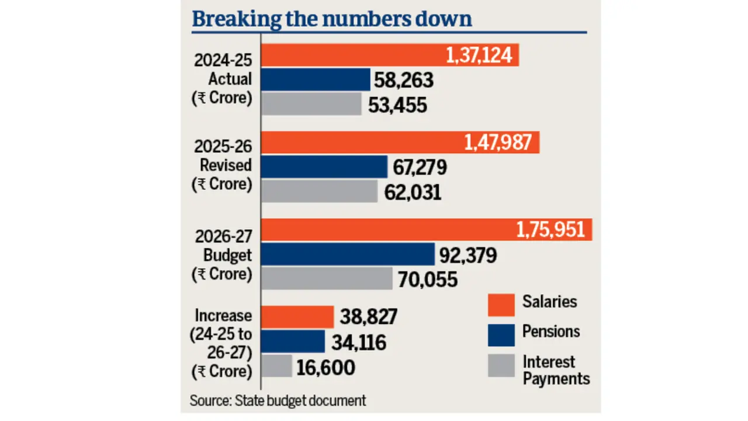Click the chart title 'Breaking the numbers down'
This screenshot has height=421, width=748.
(x=331, y=19)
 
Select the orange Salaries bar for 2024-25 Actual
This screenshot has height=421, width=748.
(x=351, y=56)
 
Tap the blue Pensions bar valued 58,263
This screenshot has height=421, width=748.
(x=316, y=80)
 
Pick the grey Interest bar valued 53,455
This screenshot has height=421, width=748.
(x=311, y=104)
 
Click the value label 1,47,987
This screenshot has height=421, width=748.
(x=498, y=142)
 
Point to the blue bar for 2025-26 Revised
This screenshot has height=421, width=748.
(x=324, y=167)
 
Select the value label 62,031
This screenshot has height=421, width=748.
(x=413, y=192)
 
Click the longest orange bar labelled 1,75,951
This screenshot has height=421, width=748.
(x=386, y=229)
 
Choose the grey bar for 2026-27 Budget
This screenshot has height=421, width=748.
(x=326, y=278)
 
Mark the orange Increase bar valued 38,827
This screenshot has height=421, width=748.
(x=297, y=316)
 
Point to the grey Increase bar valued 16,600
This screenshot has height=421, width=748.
(x=276, y=367)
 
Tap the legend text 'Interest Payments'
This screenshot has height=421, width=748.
(x=556, y=370)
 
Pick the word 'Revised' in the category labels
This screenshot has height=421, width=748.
(x=226, y=165)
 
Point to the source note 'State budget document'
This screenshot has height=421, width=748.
(x=300, y=401)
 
